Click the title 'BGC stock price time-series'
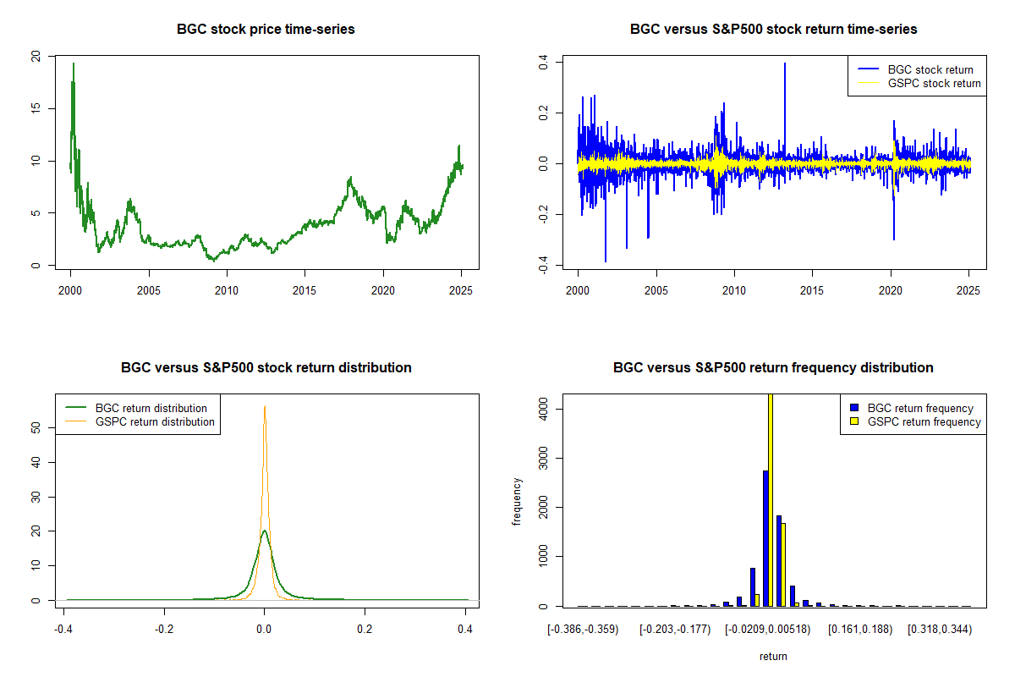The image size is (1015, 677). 266,29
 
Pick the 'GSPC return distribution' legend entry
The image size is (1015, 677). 140,421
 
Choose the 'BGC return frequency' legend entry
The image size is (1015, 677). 912,408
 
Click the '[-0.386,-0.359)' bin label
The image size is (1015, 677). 583,630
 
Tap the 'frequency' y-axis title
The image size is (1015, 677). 516,502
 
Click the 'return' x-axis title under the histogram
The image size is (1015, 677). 773,656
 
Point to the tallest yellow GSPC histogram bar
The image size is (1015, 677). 771,499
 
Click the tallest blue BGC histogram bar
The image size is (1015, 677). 765,538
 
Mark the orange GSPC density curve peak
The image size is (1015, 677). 265,406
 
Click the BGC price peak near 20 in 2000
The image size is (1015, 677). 74,64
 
